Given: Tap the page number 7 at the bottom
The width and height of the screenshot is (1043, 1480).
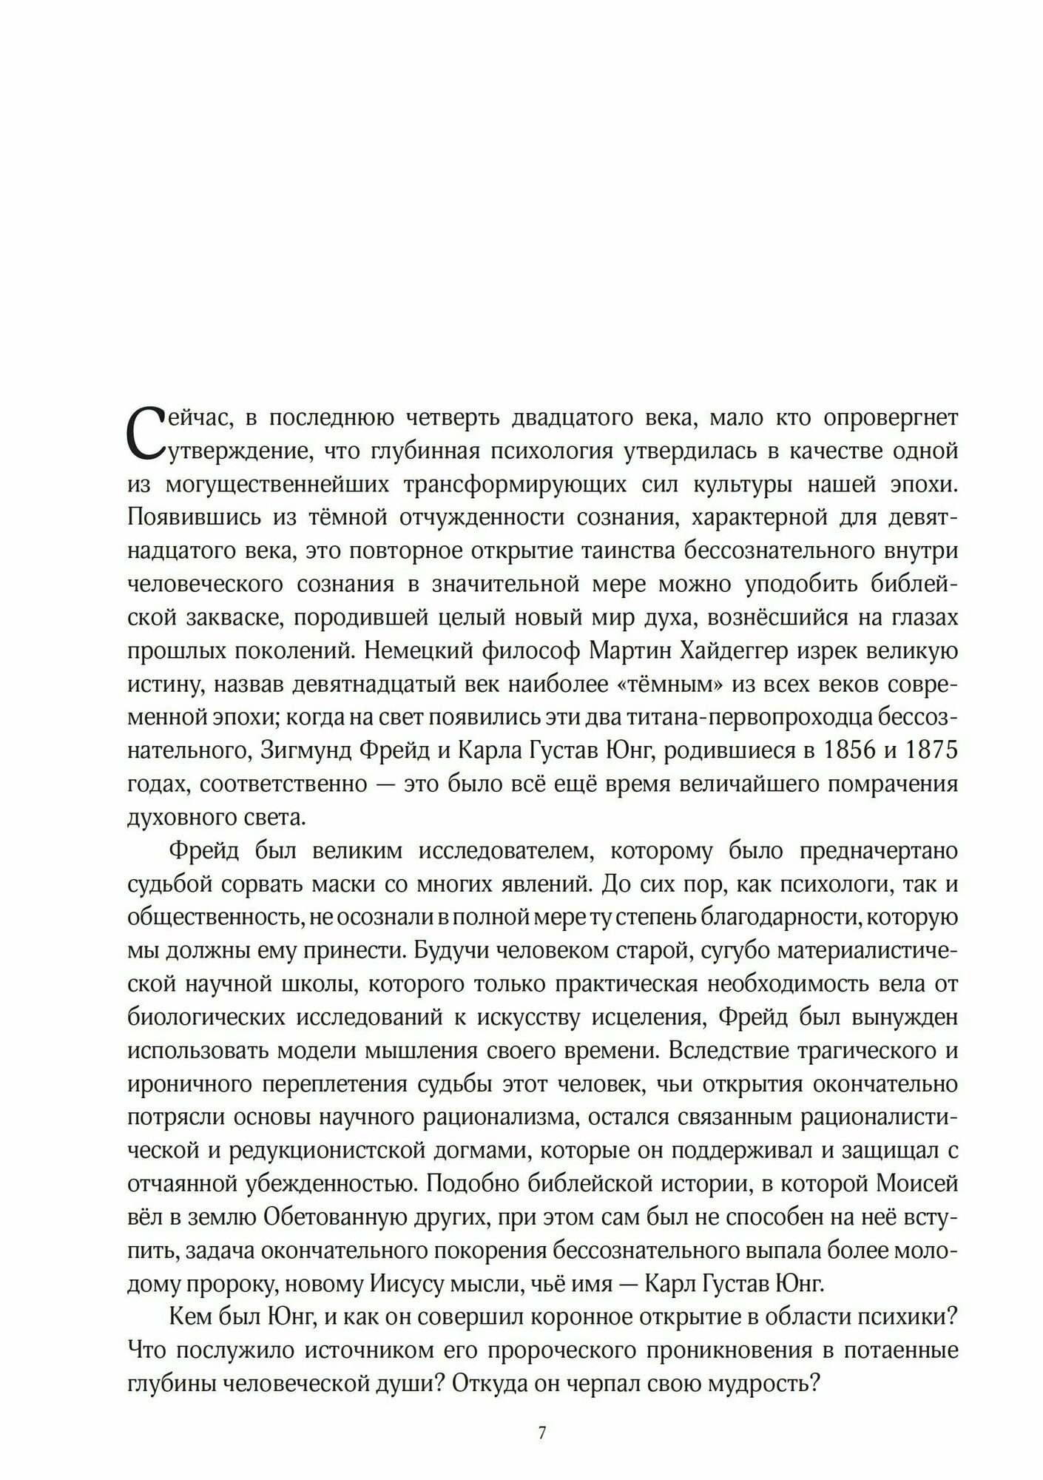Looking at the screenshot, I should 542,1412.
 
